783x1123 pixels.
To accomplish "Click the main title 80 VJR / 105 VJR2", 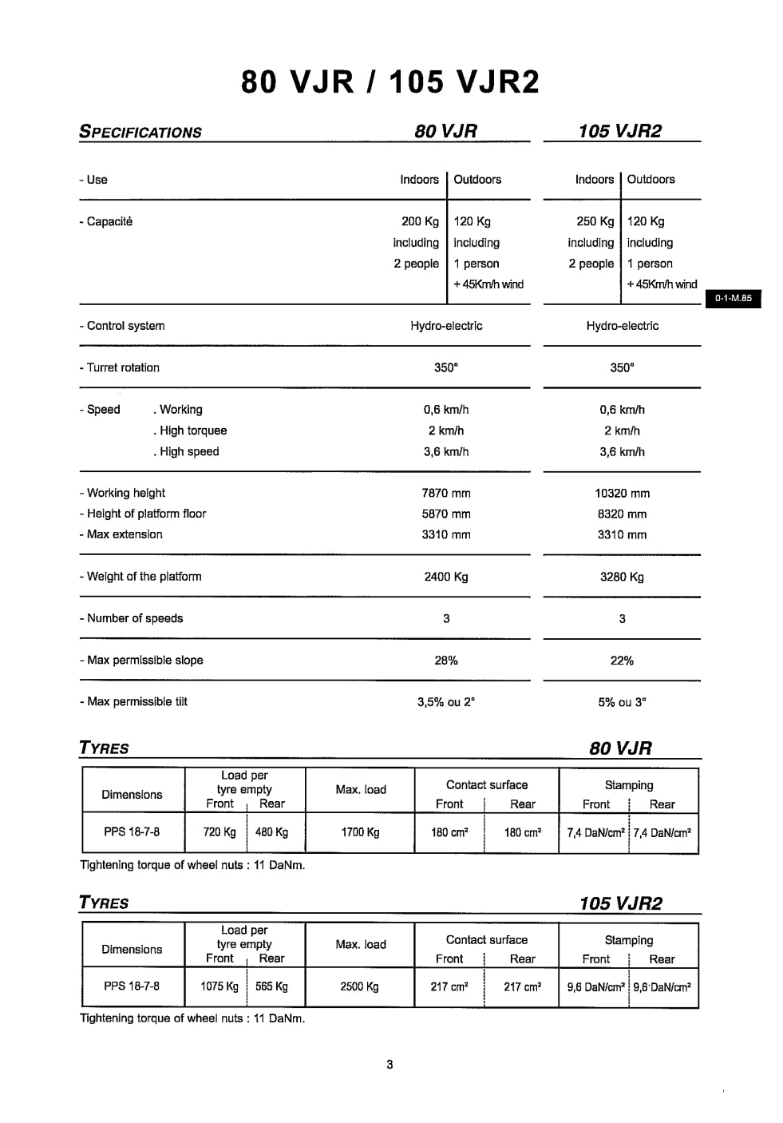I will [390, 82].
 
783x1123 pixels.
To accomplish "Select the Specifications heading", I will [140, 133].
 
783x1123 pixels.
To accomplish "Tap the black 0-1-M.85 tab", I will [733, 299].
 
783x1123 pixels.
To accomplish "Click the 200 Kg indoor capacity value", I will [420, 221].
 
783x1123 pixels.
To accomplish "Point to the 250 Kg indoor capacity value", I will [595, 221].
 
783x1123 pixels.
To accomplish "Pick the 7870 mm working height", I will [446, 494].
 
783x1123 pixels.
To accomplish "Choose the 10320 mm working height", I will [622, 494].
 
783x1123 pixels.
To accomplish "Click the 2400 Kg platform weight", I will [446, 577].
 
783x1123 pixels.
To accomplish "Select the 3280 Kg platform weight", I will [622, 577].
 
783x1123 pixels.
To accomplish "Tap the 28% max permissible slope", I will [446, 661].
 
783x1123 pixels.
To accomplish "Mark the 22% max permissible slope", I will [622, 661].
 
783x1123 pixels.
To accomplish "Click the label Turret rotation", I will [120, 367].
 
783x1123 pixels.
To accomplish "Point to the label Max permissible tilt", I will [134, 702].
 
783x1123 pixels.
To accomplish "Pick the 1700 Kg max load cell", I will [360, 832].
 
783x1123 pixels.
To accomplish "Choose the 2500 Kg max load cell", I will [360, 986].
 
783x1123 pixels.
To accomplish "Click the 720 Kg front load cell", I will [219, 832].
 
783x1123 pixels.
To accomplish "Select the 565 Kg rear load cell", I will [271, 986].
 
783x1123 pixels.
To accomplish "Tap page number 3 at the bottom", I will [390, 1064].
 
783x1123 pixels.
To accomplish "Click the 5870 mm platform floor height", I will [446, 514].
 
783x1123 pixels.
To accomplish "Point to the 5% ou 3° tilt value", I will [622, 703].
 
